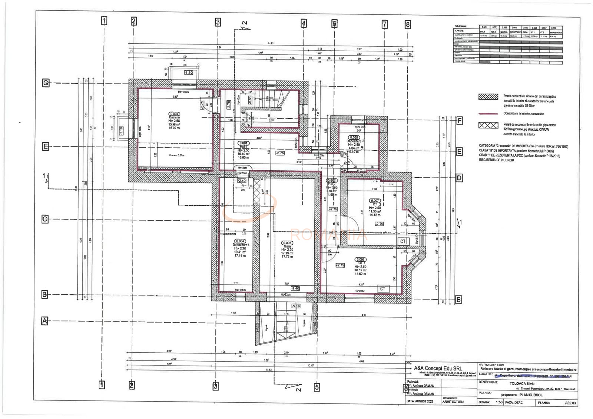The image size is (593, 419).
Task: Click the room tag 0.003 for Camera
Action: pos(174,114)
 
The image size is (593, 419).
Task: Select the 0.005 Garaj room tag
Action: pos(287,243)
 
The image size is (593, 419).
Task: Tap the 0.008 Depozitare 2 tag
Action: pos(354,138)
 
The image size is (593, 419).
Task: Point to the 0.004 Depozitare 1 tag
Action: pos(240,241)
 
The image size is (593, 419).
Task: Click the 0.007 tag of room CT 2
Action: pos(375,201)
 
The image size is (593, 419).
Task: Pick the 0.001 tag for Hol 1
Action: pos(244,143)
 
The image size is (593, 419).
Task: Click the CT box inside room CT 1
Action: pos(382,289)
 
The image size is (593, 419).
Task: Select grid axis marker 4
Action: pos(304,24)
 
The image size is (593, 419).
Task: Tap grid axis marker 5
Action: pos(317,387)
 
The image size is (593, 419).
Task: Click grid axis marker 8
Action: pos(408,25)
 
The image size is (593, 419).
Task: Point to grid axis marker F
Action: pos(460,121)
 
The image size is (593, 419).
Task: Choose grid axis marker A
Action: pos(45,321)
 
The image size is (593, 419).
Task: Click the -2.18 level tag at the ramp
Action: pos(296,306)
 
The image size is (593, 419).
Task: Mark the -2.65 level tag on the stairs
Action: pos(250,100)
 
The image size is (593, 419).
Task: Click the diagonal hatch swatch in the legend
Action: pos(488,97)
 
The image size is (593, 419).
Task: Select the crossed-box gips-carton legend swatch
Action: pos(488,125)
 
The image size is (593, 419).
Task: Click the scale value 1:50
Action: pos(499,402)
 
